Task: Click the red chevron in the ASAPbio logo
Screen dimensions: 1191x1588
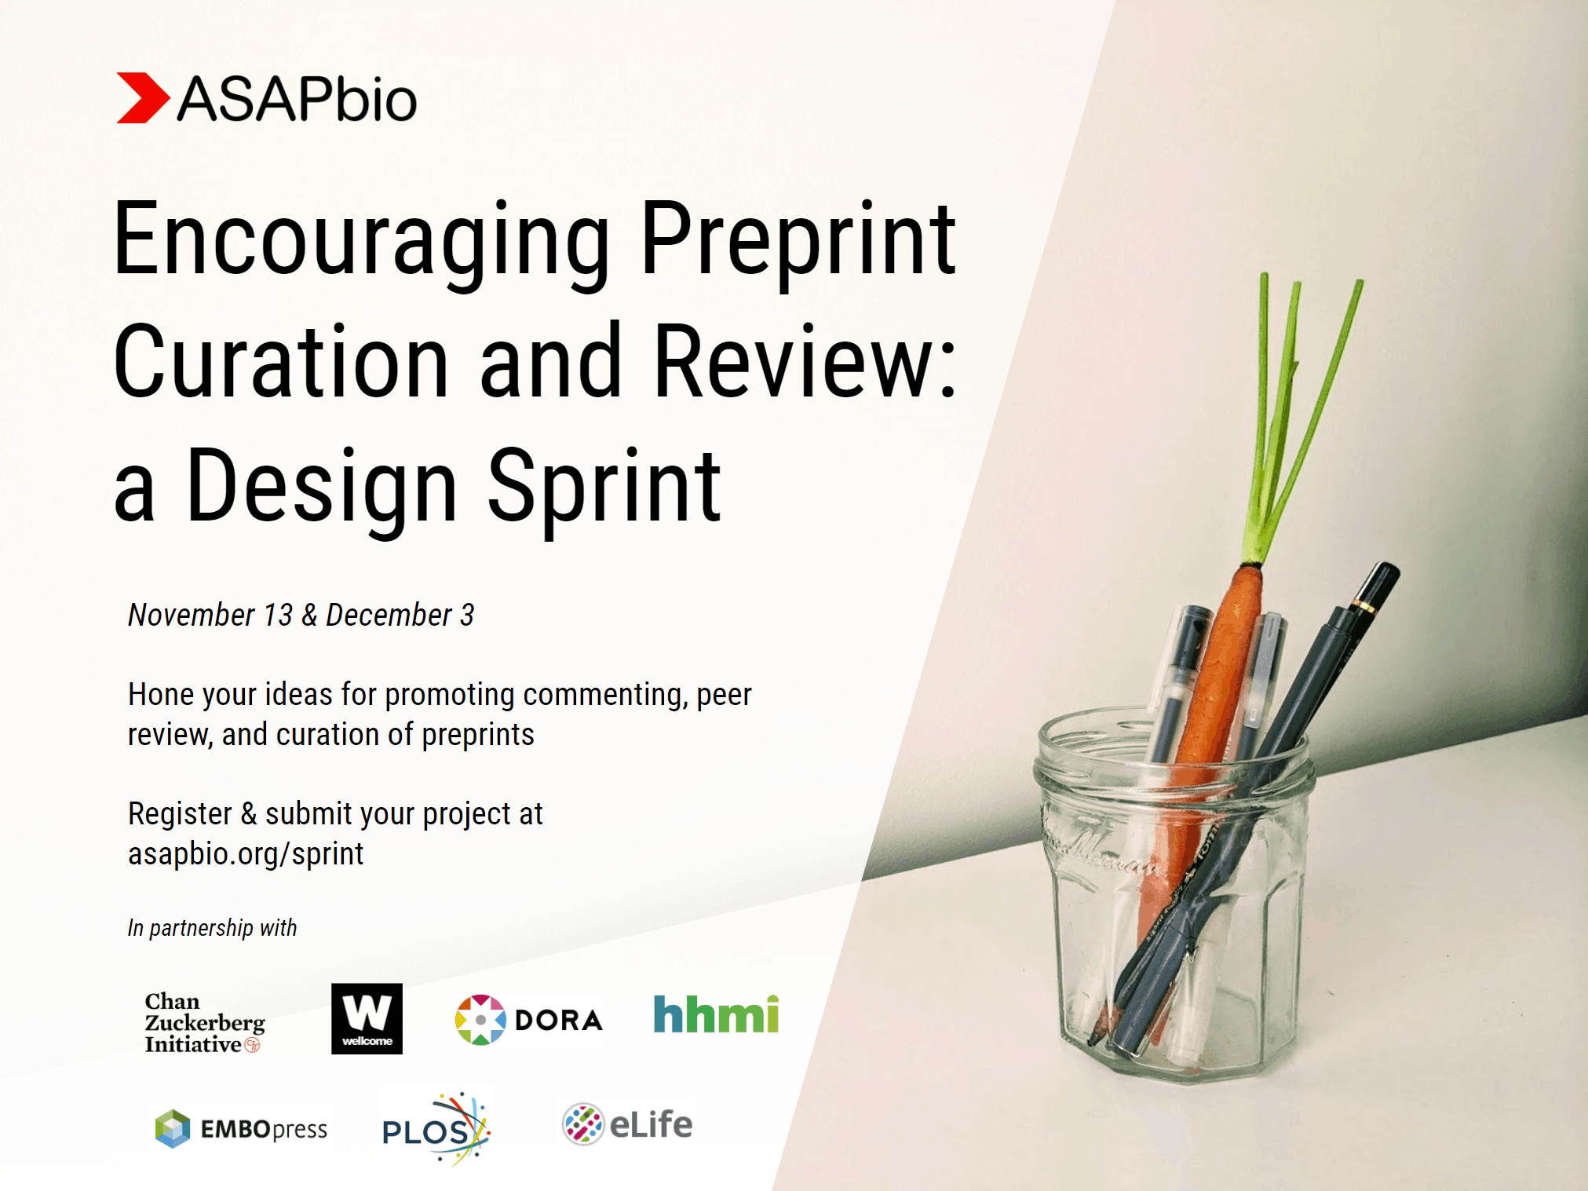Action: tap(141, 98)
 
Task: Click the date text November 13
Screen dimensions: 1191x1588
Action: tap(210, 615)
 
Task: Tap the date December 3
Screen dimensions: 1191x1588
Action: tap(400, 615)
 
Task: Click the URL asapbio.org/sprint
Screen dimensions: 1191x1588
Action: tap(246, 853)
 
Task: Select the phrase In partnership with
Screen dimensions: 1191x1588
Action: tap(212, 928)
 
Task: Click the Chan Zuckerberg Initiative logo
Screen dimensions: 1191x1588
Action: tap(204, 1022)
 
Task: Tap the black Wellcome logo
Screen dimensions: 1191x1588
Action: tap(367, 1018)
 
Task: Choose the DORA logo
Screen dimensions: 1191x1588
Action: tap(528, 1019)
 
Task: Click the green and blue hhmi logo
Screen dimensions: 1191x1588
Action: tap(716, 1014)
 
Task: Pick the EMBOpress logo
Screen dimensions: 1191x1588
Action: tap(241, 1129)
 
